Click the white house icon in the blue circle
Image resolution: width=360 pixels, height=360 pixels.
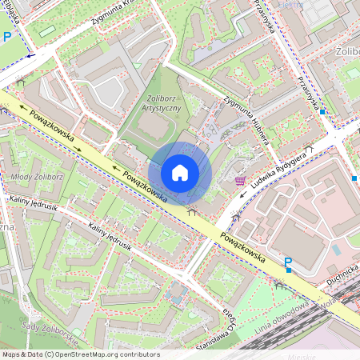click(x=180, y=173)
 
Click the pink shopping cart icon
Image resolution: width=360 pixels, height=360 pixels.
click(x=240, y=181)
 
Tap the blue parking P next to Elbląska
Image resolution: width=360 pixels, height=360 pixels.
click(x=8, y=36)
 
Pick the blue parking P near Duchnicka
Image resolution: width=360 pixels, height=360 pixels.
click(x=287, y=263)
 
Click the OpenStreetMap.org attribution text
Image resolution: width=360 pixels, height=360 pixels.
click(x=103, y=354)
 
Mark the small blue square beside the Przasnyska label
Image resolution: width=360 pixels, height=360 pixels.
click(x=322, y=113)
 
